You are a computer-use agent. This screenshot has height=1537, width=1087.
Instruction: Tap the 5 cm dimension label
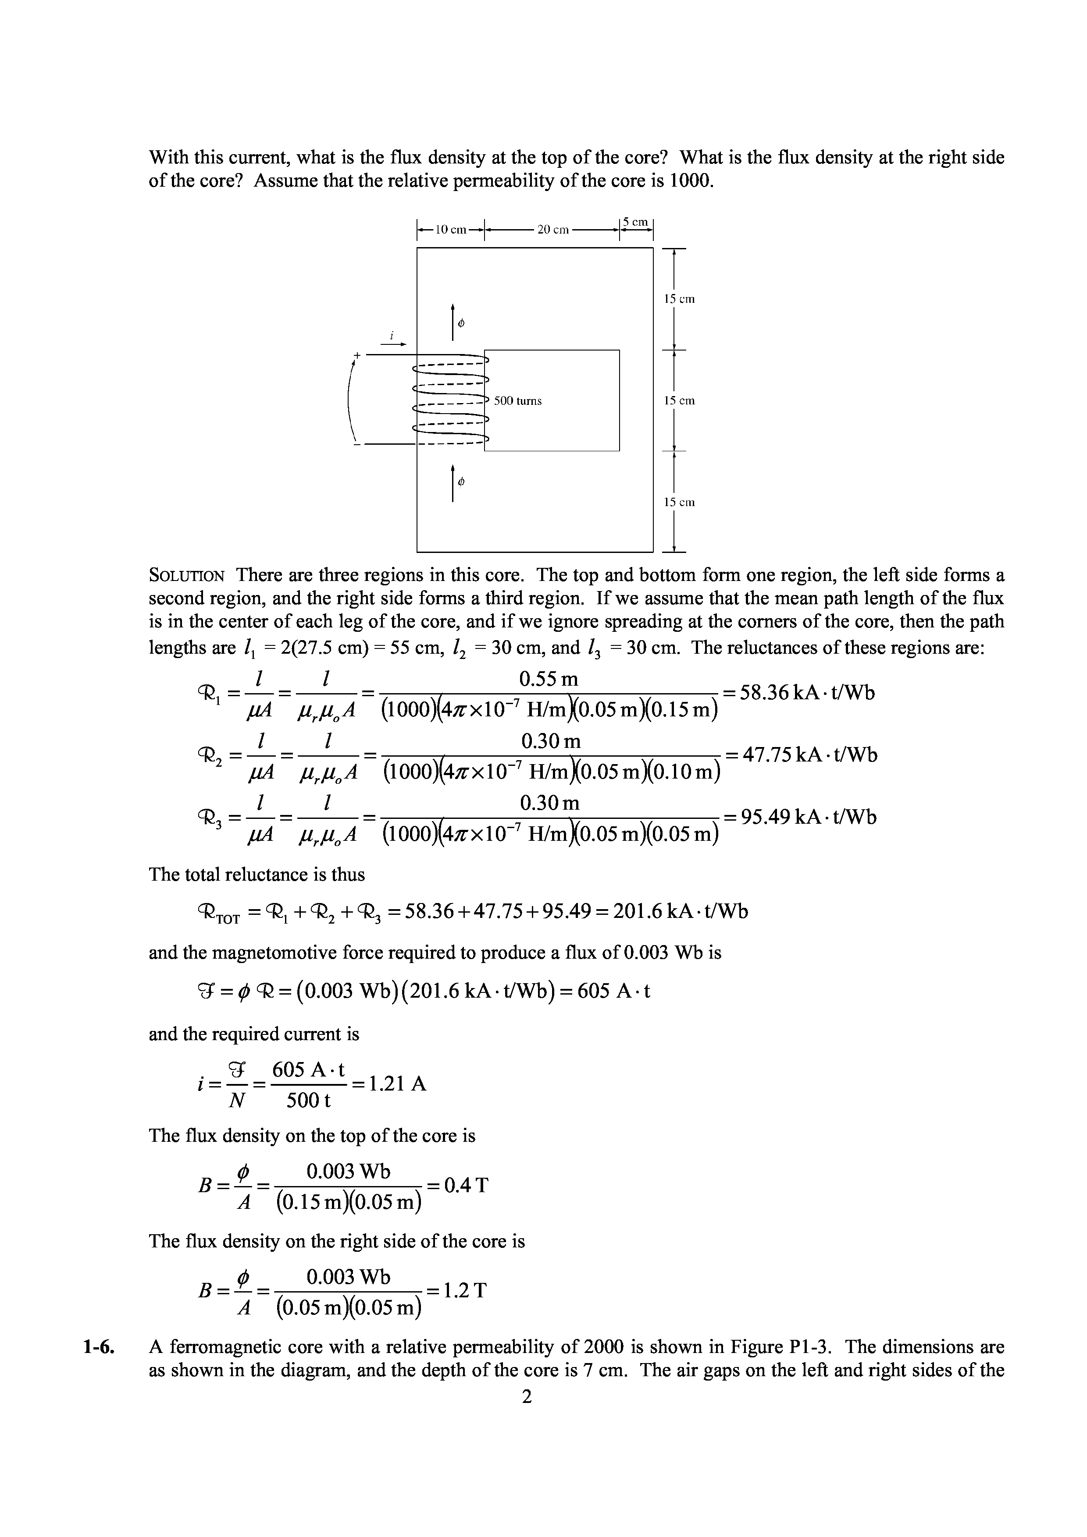[x=636, y=222]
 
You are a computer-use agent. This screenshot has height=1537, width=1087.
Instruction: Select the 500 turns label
[x=518, y=401]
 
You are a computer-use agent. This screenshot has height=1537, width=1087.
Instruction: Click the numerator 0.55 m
[x=549, y=680]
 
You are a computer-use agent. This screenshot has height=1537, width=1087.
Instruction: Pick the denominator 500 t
[x=308, y=1101]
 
